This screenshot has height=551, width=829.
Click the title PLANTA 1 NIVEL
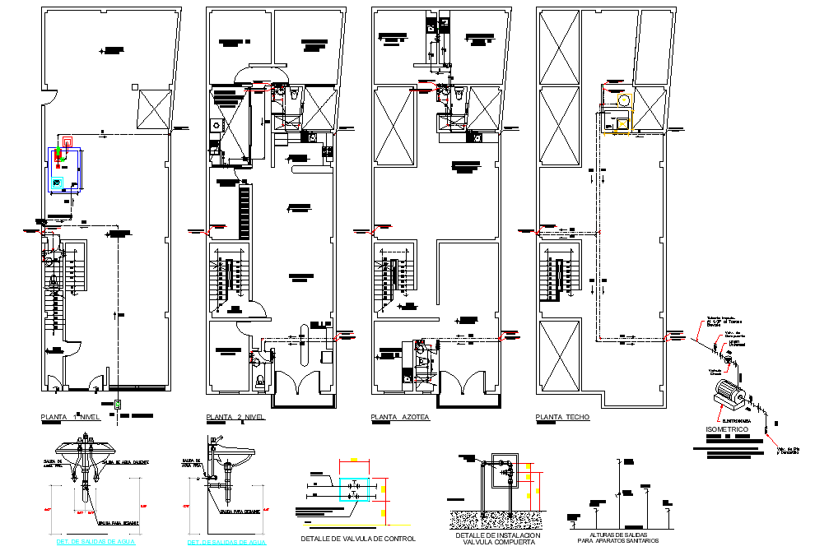tap(70, 418)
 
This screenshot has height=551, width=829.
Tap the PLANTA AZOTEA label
tap(401, 418)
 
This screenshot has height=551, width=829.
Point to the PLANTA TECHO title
tap(562, 418)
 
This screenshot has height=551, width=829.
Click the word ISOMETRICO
tap(729, 430)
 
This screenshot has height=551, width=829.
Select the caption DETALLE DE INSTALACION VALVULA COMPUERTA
tap(497, 538)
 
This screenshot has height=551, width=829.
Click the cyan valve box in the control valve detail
tap(355, 488)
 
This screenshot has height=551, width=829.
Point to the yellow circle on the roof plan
tap(624, 100)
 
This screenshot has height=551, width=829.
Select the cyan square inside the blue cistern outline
tap(57, 182)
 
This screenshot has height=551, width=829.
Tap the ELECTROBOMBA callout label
tap(734, 422)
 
